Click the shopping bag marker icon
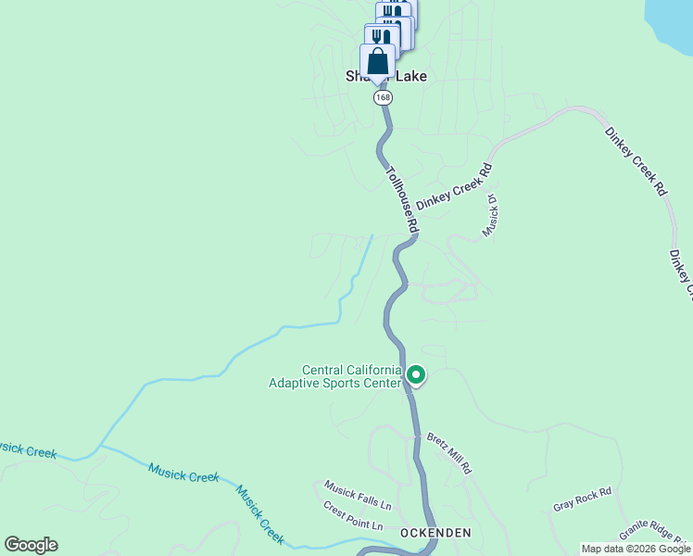(x=377, y=63)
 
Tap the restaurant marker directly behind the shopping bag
(x=381, y=37)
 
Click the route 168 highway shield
(x=383, y=97)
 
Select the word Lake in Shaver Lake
(x=411, y=76)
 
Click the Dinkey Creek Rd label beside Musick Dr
(x=453, y=186)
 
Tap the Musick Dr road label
(x=491, y=216)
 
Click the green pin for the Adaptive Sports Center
(x=416, y=375)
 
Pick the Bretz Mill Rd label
(x=449, y=453)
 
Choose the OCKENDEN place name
(x=435, y=533)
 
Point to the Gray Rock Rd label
(x=583, y=499)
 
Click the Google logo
(x=31, y=545)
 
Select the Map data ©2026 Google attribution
(x=636, y=549)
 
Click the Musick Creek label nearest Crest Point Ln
(x=259, y=514)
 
